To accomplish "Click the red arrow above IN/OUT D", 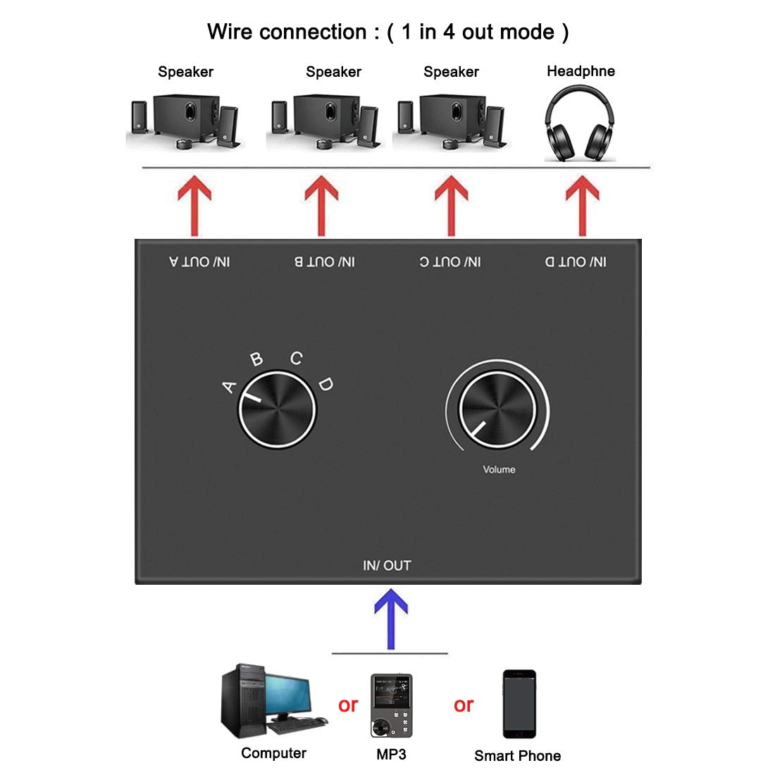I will (x=582, y=205).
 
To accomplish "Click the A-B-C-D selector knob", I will (x=276, y=408).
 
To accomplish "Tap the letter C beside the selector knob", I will (x=297, y=359).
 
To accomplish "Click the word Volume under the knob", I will (x=499, y=469).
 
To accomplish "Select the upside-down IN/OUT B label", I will (x=325, y=262).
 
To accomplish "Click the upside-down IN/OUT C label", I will (x=450, y=262).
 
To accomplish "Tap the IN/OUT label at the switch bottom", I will (x=387, y=565).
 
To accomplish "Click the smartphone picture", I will (x=519, y=704).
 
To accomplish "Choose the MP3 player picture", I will (x=391, y=705).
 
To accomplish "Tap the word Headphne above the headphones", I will (x=581, y=71).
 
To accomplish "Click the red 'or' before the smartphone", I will (x=464, y=705).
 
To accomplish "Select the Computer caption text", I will (x=273, y=753).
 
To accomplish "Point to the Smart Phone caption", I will (x=517, y=756).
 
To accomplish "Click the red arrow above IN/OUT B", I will (x=321, y=205).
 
